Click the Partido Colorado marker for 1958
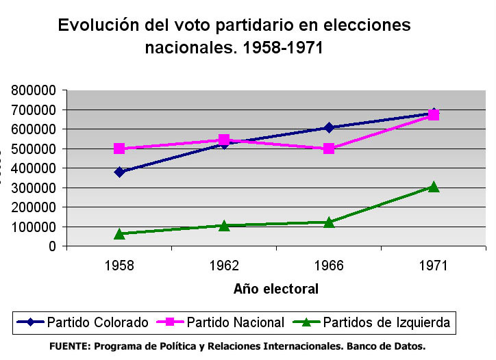(119, 172)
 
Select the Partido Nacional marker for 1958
(119, 149)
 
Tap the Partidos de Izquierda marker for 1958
(119, 233)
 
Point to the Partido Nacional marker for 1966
(329, 149)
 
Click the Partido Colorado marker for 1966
(329, 127)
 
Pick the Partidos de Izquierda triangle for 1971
(434, 186)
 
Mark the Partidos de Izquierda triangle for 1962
(224, 225)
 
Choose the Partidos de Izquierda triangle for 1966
(329, 222)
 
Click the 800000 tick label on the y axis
(34, 90)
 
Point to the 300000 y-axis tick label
(34, 188)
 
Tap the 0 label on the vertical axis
(53, 246)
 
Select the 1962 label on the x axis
(224, 266)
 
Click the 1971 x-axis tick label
(434, 266)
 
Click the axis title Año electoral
(276, 289)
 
